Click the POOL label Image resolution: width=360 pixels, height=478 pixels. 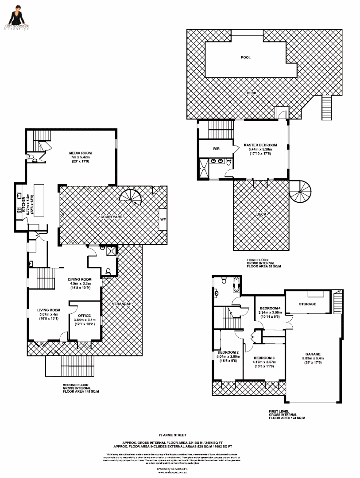(x=245, y=58)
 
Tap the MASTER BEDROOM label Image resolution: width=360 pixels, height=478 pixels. (x=260, y=145)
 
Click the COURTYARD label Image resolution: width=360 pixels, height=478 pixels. (x=111, y=217)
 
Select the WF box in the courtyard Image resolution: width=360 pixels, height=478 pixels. (x=162, y=219)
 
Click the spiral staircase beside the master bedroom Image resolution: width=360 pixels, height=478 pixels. (x=301, y=191)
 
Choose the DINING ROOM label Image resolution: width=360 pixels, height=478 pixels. (x=80, y=279)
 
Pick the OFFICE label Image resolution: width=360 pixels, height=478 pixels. (x=84, y=316)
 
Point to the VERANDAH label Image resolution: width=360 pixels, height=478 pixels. (x=122, y=304)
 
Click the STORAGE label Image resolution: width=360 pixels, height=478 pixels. (x=307, y=304)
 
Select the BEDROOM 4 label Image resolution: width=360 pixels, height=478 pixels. (x=270, y=308)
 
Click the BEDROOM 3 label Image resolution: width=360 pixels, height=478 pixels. (x=264, y=358)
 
